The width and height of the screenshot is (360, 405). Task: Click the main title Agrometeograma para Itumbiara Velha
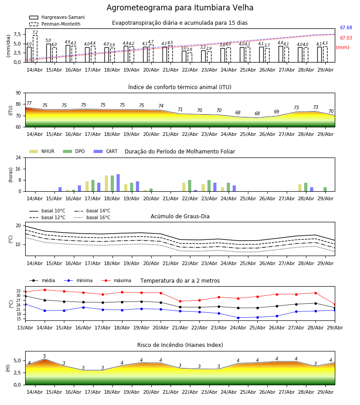coord(180,8)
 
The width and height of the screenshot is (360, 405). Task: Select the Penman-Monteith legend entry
coord(55,24)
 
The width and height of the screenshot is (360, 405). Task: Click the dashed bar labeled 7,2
coord(35,49)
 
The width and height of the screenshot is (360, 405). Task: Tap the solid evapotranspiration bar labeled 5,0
coord(49,53)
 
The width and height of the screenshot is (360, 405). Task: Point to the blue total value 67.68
coord(346,27)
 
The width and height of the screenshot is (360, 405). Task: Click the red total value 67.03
coord(346,38)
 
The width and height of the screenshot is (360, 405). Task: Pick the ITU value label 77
coord(29,103)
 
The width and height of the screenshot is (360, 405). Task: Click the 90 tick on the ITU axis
coord(18,93)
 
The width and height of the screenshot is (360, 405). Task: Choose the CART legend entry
coord(105,151)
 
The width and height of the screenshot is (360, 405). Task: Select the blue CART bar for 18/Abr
coord(118,183)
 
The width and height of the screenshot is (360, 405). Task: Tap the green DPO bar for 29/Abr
coord(325,189)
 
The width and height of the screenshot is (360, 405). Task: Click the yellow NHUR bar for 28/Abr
coord(300,188)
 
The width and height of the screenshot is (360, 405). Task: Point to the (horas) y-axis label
coord(11,175)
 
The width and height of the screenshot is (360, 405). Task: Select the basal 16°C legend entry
coord(92,217)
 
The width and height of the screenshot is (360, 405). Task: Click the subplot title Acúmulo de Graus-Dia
coord(180,216)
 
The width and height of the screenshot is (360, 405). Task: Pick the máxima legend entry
coord(116,280)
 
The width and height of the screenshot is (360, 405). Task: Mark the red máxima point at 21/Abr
coord(180,301)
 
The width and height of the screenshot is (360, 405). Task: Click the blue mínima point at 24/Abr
coord(238,318)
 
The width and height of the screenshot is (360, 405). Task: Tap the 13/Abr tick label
coord(25,328)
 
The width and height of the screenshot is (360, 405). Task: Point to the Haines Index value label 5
coord(45,356)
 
